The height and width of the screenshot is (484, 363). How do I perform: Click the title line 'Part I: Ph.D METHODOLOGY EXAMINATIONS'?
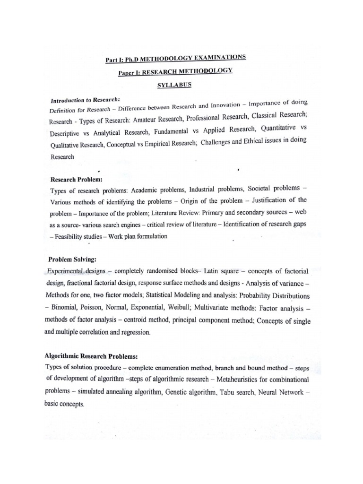pyautogui.click(x=175, y=59)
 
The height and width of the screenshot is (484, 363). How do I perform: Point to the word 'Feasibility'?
pyautogui.click(x=72, y=237)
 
